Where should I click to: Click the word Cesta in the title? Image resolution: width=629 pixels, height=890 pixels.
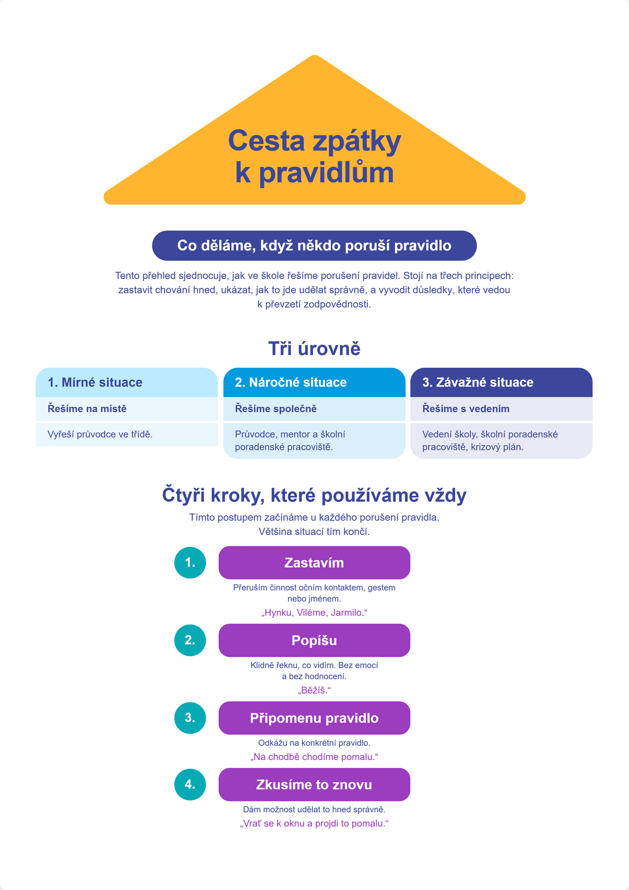pyautogui.click(x=266, y=141)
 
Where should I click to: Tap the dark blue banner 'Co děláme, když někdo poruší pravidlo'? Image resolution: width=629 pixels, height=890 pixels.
pyautogui.click(x=314, y=245)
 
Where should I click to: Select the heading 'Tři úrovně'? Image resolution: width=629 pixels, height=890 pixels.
pyautogui.click(x=314, y=348)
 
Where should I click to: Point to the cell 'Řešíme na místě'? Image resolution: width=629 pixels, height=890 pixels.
pyautogui.click(x=127, y=409)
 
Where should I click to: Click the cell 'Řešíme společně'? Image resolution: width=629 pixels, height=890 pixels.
pyautogui.click(x=314, y=409)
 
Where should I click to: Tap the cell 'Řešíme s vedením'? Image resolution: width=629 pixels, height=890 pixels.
pyautogui.click(x=501, y=409)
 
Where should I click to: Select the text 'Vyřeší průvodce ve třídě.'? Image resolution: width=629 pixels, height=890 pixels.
pyautogui.click(x=100, y=434)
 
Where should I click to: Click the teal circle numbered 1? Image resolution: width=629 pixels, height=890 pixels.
pyautogui.click(x=190, y=563)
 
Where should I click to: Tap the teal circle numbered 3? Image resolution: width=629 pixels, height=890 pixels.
pyautogui.click(x=190, y=717)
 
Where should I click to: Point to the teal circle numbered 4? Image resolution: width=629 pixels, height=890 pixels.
pyautogui.click(x=190, y=784)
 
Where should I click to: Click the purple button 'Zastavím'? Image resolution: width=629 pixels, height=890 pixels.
pyautogui.click(x=314, y=563)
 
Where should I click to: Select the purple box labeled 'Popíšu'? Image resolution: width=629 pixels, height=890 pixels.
pyautogui.click(x=314, y=640)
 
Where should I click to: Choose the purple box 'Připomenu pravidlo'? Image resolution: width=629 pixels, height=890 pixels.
pyautogui.click(x=314, y=717)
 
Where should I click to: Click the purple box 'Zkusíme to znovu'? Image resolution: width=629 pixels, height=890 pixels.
pyautogui.click(x=314, y=784)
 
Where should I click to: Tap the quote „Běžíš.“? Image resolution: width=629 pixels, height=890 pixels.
pyautogui.click(x=314, y=690)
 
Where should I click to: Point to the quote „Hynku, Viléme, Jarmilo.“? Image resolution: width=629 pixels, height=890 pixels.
pyautogui.click(x=314, y=613)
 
